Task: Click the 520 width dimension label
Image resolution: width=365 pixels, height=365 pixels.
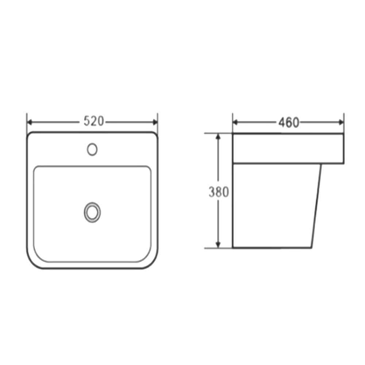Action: click(x=93, y=121)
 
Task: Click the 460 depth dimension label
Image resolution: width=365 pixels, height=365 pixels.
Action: click(x=289, y=122)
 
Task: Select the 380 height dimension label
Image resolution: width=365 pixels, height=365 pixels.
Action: click(x=219, y=192)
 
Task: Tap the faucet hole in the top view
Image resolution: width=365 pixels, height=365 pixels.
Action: click(x=92, y=149)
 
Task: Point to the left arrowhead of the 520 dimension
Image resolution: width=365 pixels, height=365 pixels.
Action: click(x=30, y=122)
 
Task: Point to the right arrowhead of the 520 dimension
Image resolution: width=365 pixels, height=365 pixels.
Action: click(x=155, y=122)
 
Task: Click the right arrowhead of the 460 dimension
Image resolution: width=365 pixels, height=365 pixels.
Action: click(x=341, y=122)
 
